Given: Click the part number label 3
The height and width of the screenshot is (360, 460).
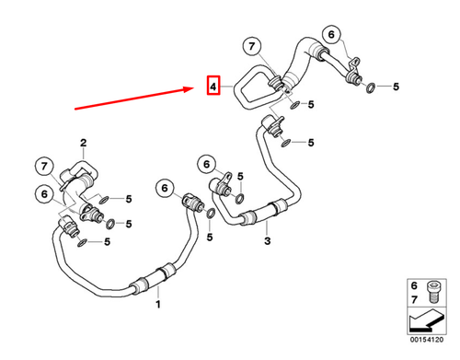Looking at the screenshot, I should [267, 241].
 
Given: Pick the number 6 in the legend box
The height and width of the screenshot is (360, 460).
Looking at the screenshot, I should [413, 286].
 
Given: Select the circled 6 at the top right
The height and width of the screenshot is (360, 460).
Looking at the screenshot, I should [329, 37].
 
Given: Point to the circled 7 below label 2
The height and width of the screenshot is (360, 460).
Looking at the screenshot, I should [44, 167].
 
